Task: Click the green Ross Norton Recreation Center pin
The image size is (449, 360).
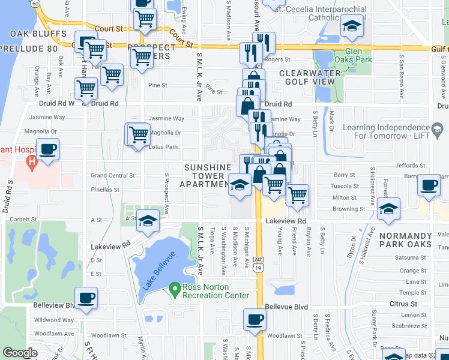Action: point(175,289)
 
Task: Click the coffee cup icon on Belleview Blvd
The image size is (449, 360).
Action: point(86,298)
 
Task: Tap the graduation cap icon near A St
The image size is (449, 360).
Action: point(148,221)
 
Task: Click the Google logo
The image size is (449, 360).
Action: point(20,353)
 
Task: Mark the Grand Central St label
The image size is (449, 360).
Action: point(112,176)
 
